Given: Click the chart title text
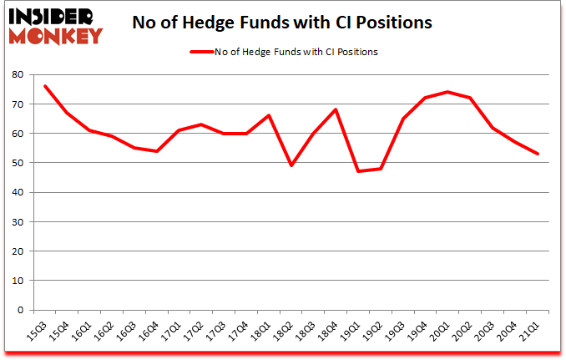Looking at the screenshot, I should pos(282,23).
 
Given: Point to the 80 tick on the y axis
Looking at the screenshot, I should pos(18,74).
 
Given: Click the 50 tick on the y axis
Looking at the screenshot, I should pos(18,163).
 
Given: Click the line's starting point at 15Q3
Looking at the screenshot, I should pos(44,86).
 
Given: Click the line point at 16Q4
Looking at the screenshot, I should pos(157,151).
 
